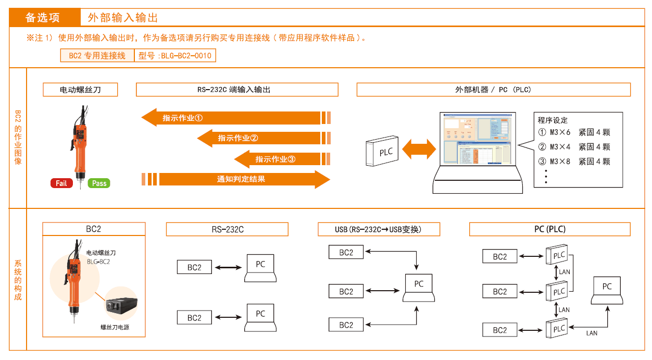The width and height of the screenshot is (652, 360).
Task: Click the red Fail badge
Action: tap(61, 183)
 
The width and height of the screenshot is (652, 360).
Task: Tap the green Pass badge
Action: tap(99, 183)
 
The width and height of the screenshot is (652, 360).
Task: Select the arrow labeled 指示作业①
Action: tap(232, 118)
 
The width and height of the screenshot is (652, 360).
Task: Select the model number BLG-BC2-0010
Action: tap(175, 55)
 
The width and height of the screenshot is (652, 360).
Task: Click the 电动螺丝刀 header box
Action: tap(80, 90)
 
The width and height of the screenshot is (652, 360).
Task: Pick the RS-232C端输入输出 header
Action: tap(237, 90)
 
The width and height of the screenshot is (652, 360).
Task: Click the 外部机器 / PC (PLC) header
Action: tap(493, 90)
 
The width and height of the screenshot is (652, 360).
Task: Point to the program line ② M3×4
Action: tap(574, 147)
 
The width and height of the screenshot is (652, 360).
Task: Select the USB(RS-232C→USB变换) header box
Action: tap(379, 229)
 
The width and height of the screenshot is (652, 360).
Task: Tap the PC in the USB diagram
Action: tap(419, 287)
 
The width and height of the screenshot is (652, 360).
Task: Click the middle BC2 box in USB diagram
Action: tap(346, 291)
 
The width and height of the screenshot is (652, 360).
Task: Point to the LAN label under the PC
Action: tap(592, 333)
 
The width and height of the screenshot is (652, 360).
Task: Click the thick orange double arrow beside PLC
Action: tap(419, 149)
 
